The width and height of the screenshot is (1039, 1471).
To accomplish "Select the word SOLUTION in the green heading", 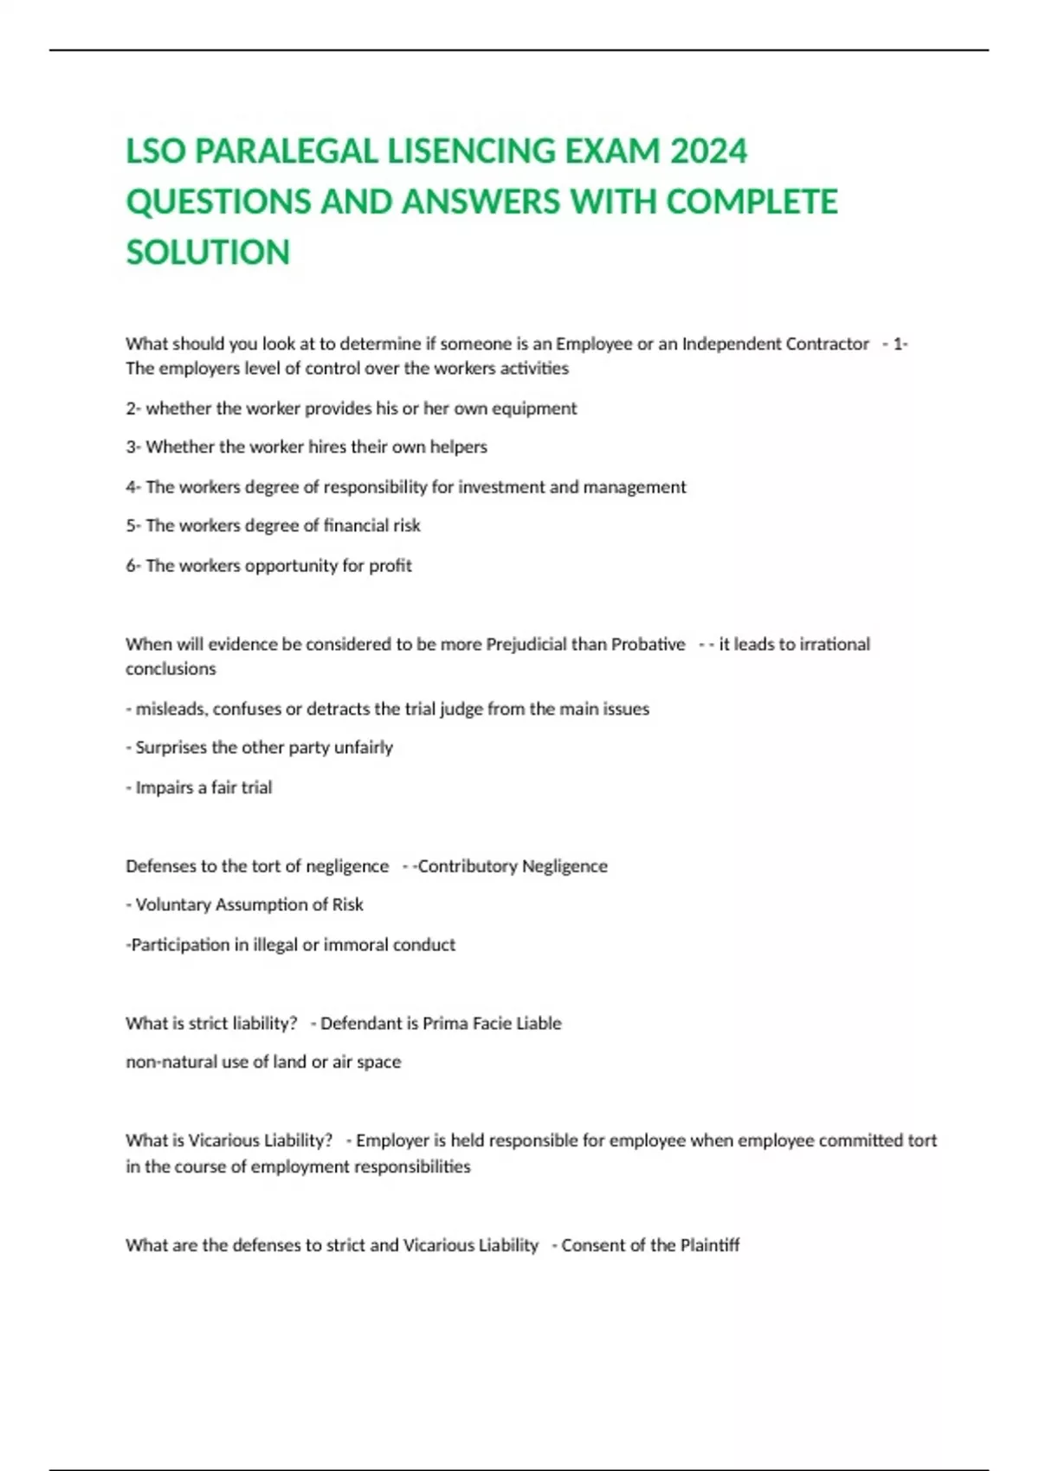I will [x=208, y=253].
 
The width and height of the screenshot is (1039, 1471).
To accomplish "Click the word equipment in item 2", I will [x=533, y=408].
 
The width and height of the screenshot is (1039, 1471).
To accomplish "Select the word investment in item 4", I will [x=500, y=487].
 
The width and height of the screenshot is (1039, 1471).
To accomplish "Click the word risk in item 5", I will [x=406, y=525].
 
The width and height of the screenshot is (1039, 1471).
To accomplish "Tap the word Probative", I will [x=648, y=644].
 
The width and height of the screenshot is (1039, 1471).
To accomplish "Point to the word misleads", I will [x=170, y=709].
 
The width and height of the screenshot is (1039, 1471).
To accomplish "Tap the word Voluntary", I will [x=172, y=905].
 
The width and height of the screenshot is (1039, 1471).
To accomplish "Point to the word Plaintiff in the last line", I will [x=709, y=1245].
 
